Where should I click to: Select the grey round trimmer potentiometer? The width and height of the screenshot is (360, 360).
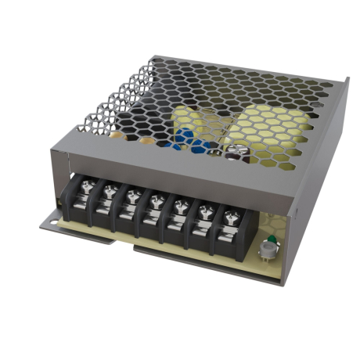(x=268, y=250)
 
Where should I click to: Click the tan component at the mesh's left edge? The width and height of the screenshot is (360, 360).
(x=118, y=132)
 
